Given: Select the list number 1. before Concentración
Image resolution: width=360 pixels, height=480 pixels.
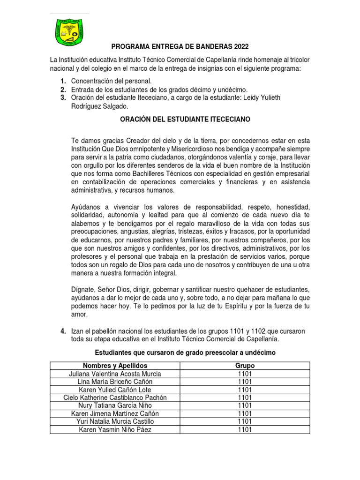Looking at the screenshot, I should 62,82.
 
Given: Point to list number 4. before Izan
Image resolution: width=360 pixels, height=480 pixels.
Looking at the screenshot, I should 62,331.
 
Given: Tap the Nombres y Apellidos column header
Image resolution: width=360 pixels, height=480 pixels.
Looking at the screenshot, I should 115,365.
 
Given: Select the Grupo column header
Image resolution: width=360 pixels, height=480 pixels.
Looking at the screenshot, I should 245,365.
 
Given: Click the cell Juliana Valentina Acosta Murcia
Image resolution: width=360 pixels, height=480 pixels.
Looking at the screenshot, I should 115,374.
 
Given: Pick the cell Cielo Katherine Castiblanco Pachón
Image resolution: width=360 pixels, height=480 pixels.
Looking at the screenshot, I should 115,397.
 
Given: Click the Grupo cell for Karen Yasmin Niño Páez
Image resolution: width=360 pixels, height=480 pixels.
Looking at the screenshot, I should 245,429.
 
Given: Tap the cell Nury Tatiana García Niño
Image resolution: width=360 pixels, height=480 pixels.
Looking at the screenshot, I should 115,405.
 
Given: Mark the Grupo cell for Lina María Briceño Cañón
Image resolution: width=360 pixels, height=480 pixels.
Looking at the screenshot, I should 245,382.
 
